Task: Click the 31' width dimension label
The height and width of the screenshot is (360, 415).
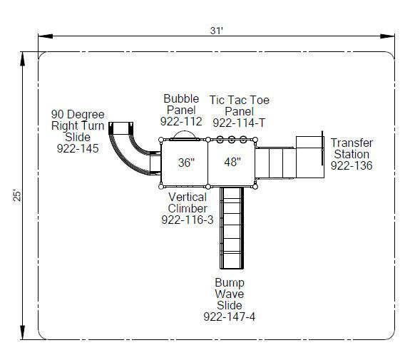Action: (217, 31)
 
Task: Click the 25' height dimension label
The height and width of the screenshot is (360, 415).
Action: (17, 195)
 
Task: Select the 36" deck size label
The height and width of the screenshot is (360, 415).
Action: (186, 163)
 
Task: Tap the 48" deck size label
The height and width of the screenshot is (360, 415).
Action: (232, 162)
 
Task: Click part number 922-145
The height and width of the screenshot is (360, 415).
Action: (78, 148)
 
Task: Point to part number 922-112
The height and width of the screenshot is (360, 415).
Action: (181, 121)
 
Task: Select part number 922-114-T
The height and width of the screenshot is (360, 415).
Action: (239, 123)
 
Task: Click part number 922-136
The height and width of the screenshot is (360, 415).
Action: (352, 165)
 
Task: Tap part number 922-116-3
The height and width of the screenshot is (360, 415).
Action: (188, 220)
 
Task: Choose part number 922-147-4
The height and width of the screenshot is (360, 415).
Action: (230, 317)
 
